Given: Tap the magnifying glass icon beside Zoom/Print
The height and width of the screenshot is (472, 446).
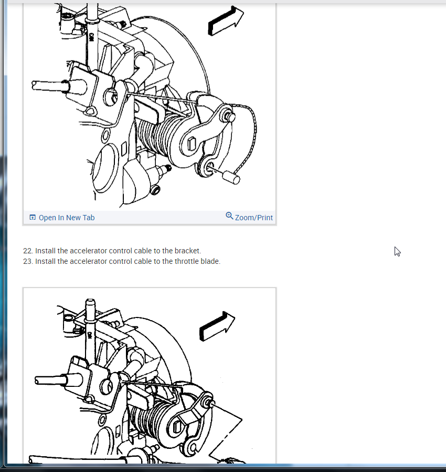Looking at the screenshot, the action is (x=229, y=216).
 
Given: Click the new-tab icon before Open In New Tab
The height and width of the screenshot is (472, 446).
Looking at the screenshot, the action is (x=33, y=217).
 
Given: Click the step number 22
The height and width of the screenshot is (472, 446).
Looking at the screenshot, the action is (x=28, y=251).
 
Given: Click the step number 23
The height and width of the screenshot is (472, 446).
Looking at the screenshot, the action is (x=28, y=261).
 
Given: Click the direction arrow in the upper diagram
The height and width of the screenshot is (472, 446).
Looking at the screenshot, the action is (x=226, y=20).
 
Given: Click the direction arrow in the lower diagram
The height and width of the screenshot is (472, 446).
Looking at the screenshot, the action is (x=217, y=326).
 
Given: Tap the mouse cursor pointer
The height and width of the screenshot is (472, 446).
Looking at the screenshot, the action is (x=397, y=252).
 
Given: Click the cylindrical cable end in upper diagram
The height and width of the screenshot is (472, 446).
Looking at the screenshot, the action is (x=231, y=177).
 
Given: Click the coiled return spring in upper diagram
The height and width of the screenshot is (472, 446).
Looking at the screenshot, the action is (x=157, y=135).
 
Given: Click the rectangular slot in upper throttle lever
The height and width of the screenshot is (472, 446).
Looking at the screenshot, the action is (x=192, y=143).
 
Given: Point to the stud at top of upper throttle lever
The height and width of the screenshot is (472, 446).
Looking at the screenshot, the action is (x=229, y=117).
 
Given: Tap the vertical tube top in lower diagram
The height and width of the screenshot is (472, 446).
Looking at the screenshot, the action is (x=90, y=302).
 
